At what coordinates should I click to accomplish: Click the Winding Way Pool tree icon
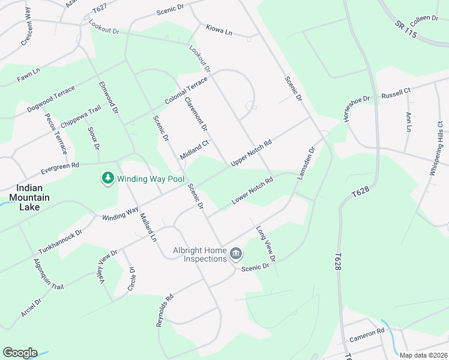108,179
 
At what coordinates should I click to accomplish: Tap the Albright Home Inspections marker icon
236,254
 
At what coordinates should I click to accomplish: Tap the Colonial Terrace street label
185,91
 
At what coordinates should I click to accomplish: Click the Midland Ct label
194,149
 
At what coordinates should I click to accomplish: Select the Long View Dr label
265,244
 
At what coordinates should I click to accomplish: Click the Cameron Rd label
367,335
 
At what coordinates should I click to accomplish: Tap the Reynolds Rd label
164,310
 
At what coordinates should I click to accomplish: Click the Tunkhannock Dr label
59,241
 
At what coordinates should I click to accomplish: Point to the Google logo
20,353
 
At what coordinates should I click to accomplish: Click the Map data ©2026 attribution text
423,355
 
